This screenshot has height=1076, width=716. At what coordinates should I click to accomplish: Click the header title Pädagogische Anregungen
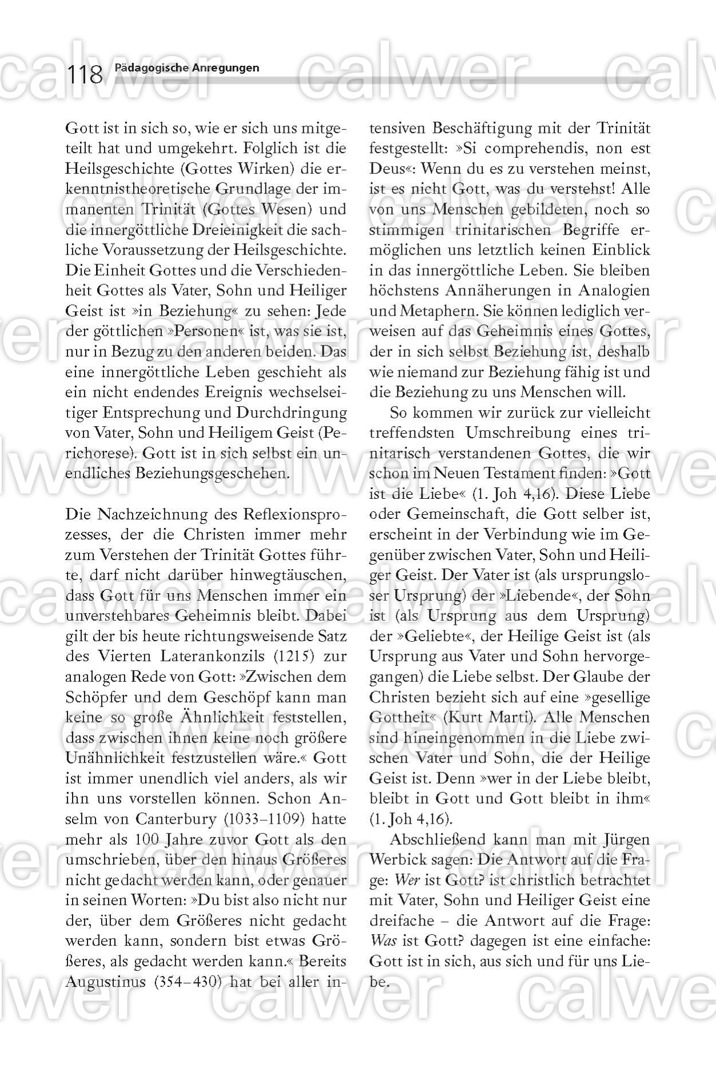click(x=186, y=68)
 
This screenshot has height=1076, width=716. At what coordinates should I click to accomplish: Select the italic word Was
click(x=383, y=940)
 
